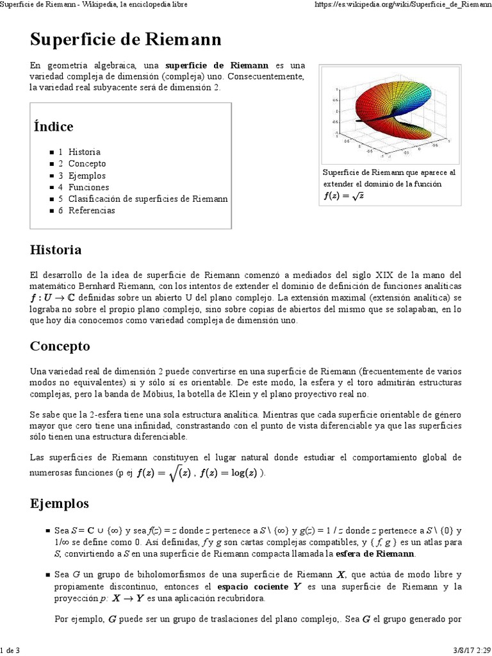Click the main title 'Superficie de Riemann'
126,40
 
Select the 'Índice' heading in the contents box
53,126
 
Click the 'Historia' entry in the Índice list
84,152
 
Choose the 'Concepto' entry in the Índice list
87,163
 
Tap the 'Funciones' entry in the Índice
88,187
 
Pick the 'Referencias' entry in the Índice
92,210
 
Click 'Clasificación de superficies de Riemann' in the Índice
147,199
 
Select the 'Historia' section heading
56,249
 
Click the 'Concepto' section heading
60,346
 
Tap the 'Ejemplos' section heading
60,503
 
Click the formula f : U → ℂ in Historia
53,298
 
